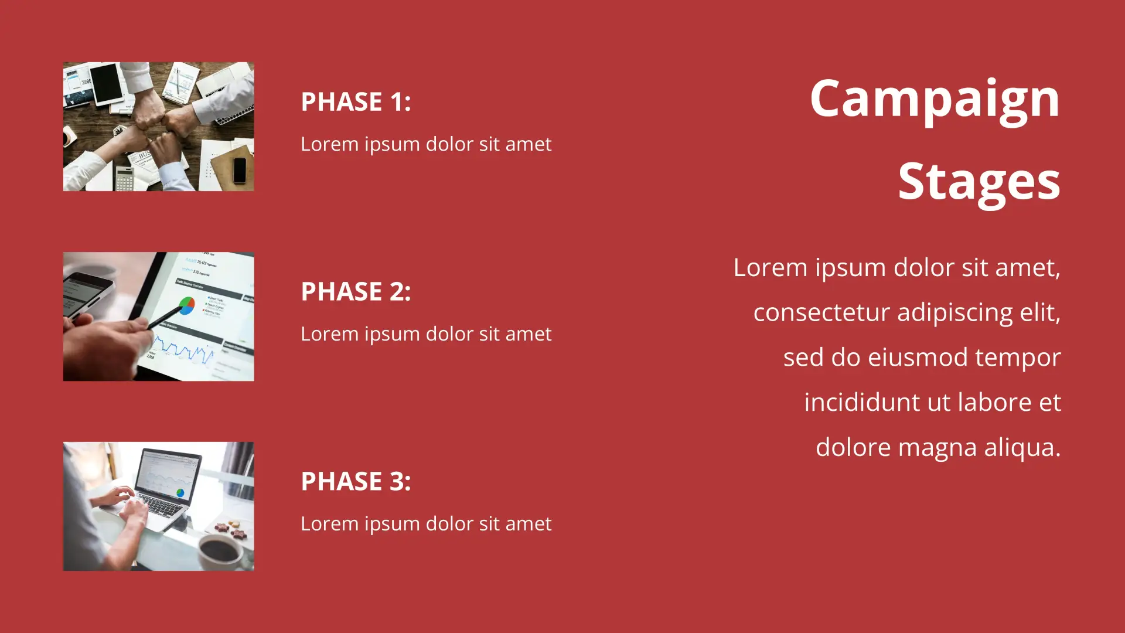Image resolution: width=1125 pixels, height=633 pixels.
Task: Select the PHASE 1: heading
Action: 356,101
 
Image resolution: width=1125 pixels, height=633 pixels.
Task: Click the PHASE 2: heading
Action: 356,291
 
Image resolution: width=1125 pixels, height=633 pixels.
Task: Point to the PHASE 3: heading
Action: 356,481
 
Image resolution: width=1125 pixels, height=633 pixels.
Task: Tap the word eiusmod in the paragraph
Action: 918,357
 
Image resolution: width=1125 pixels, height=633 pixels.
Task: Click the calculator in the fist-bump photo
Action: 124,178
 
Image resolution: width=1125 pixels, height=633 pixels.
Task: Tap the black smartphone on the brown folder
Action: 240,171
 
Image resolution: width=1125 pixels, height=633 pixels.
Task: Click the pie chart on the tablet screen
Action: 186,305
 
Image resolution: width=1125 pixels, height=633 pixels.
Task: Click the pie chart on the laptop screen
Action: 180,493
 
